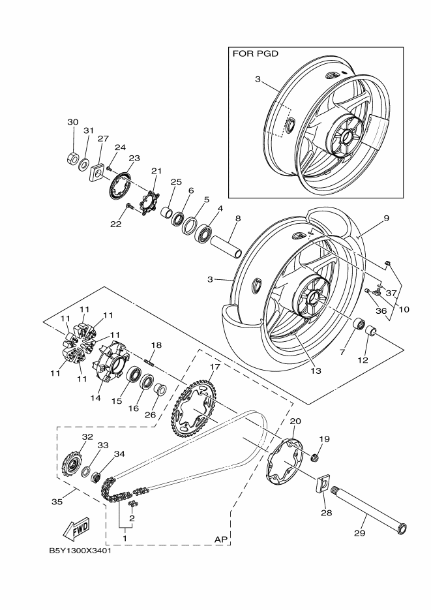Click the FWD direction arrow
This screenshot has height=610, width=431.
(76, 529)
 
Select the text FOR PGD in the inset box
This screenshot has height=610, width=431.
(256, 53)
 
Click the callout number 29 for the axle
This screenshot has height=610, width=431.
(359, 532)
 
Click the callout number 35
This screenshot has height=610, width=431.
(57, 502)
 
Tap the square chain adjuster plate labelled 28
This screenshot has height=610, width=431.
(323, 483)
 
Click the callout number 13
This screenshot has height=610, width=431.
(316, 371)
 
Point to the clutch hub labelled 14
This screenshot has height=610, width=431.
(110, 361)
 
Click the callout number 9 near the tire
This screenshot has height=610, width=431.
(386, 219)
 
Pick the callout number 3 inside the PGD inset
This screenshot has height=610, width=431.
(258, 80)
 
